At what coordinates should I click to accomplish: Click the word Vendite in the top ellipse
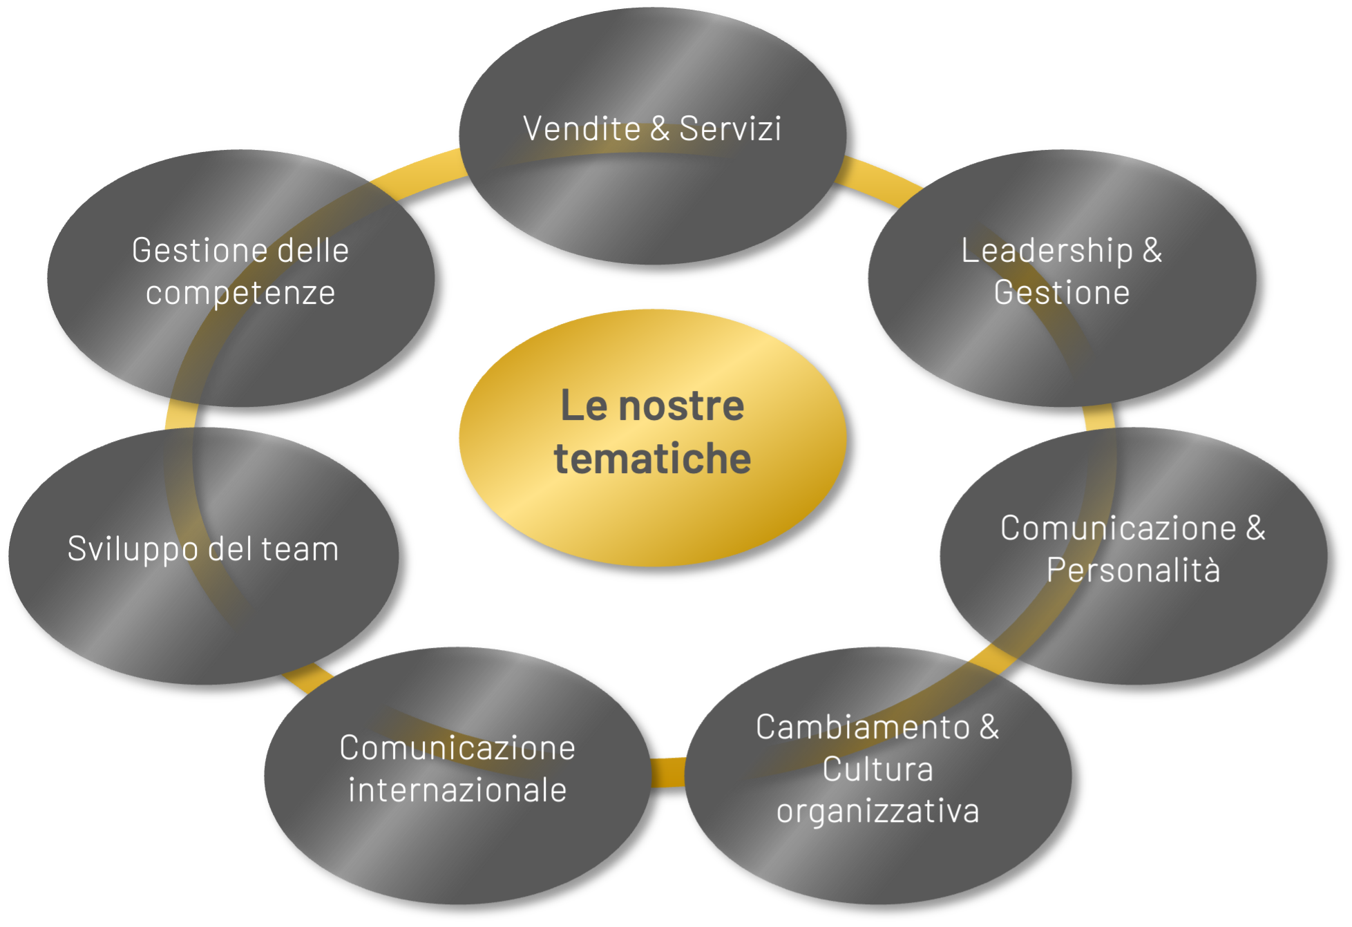click(582, 128)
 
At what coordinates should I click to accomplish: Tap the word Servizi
click(730, 128)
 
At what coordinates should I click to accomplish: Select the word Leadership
click(1047, 250)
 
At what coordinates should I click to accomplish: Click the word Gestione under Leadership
click(1062, 292)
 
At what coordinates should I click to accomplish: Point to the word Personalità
click(1133, 570)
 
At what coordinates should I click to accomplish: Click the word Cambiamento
click(863, 727)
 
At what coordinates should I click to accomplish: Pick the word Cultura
click(877, 769)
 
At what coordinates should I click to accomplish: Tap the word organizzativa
click(877, 811)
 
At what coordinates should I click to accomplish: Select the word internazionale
click(457, 790)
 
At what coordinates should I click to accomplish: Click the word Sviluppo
click(133, 549)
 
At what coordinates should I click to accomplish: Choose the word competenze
click(240, 292)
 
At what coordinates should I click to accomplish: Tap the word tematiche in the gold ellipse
click(652, 458)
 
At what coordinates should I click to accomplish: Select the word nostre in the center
click(681, 405)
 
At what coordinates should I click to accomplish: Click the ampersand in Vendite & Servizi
click(660, 128)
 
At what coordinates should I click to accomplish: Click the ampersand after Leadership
click(1152, 250)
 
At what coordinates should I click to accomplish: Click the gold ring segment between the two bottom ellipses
click(667, 772)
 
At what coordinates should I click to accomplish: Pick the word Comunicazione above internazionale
click(457, 747)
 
